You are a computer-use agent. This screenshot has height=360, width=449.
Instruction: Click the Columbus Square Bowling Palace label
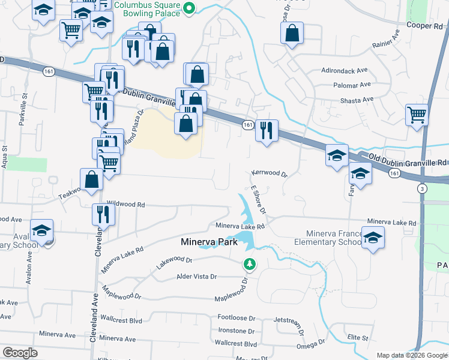148,9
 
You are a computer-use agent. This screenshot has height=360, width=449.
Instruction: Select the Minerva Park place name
209,242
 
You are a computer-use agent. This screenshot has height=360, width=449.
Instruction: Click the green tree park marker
249,263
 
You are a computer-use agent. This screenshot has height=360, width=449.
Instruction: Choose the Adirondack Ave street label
345,70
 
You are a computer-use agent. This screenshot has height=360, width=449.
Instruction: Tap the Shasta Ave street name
358,100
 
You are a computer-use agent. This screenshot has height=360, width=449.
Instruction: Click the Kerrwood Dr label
270,173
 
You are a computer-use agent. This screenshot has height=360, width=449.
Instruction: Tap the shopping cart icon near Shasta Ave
417,114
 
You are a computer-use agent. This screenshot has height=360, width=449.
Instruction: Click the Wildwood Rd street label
125,204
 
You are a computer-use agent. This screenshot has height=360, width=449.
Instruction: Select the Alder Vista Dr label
196,277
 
